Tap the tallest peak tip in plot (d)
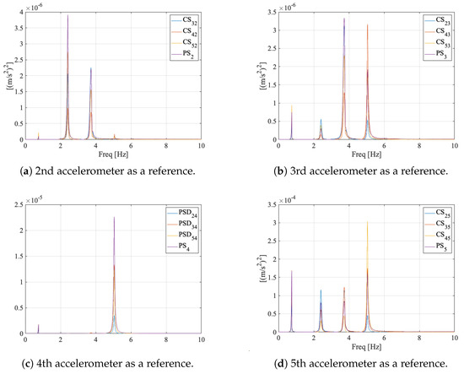(x=367, y=221)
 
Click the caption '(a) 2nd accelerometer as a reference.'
(x=112, y=171)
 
